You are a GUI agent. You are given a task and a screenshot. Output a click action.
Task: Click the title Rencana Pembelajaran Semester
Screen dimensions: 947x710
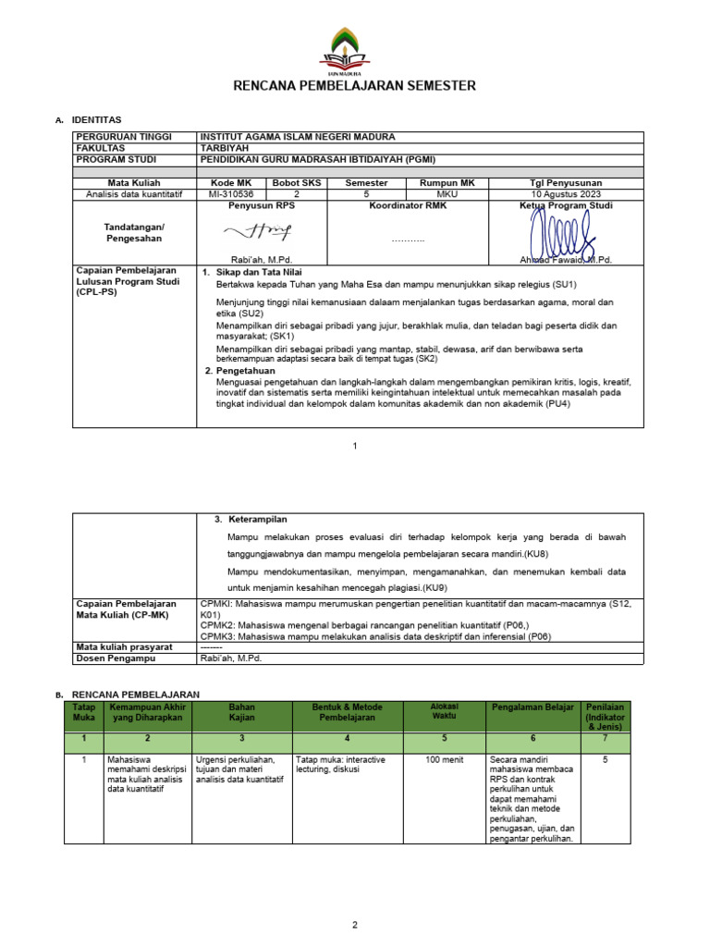click(x=355, y=86)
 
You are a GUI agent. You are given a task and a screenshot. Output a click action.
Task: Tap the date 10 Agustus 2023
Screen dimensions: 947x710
click(x=566, y=194)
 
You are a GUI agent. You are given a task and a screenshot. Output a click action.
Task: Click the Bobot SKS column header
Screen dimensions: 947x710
click(x=297, y=183)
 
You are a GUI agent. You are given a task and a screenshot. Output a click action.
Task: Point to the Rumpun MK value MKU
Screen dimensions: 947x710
click(x=447, y=194)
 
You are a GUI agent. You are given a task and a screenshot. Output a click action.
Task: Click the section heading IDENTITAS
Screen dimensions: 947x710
click(x=96, y=120)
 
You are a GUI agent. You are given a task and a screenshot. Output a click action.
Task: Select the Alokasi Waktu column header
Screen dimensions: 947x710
click(x=444, y=711)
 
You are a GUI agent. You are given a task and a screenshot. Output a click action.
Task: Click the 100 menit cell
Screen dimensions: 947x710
click(x=444, y=759)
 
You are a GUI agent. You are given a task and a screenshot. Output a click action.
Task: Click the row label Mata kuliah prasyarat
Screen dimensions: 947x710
click(x=125, y=646)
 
